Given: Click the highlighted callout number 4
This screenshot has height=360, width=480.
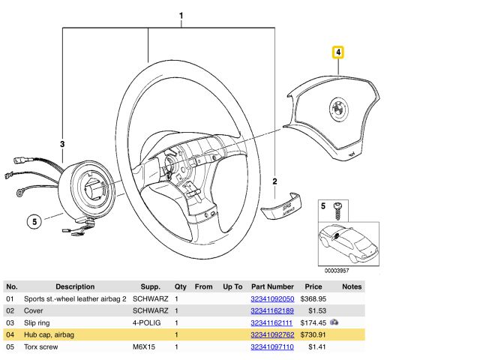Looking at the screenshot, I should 339,52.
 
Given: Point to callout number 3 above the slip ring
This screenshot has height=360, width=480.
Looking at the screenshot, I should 63,143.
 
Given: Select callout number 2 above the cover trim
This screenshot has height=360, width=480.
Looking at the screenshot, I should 275,181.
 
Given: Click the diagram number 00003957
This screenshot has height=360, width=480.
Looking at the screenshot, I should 336,270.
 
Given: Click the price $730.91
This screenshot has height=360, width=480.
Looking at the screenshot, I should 311,334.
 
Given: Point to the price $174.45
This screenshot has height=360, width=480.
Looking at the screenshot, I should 311,322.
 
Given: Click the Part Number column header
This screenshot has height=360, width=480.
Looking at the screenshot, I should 271,286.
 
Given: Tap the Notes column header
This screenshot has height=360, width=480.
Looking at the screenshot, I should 351,286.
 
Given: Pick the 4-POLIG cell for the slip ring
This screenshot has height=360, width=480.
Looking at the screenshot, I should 148,322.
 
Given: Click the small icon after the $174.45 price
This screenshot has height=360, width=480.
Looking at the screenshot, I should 334,322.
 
